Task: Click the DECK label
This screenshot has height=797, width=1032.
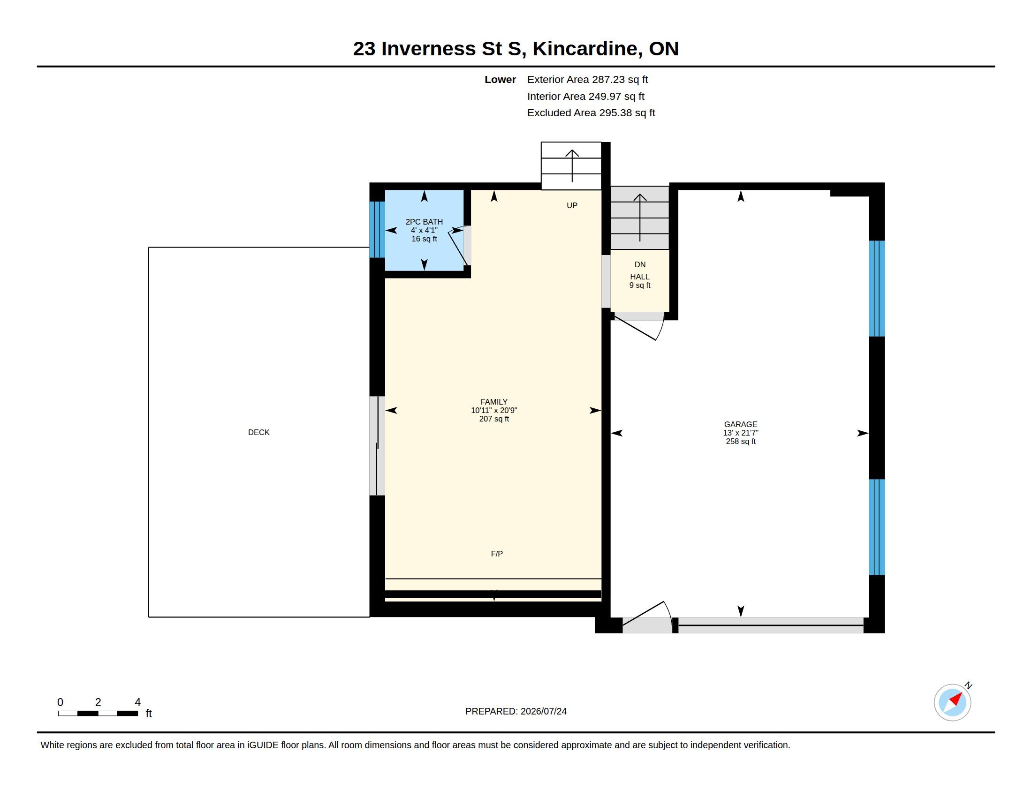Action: [x=258, y=433]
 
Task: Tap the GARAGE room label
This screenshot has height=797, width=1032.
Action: [x=740, y=424]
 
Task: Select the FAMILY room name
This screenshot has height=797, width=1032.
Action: [x=494, y=402]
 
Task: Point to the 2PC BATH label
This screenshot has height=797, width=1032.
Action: [x=424, y=222]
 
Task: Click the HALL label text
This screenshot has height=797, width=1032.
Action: [x=639, y=277]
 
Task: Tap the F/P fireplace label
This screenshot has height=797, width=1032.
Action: [x=497, y=554]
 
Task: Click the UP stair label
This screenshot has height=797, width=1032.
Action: [x=572, y=205]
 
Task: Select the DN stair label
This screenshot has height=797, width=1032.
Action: [x=640, y=264]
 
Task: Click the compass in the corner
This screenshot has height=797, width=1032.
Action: [x=952, y=702]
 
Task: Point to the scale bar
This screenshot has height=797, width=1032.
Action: [x=98, y=713]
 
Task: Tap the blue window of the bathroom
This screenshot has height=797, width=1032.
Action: [x=377, y=229]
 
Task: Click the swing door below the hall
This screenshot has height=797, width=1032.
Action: [x=638, y=325]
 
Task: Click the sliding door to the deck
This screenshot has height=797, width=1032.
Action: [x=377, y=446]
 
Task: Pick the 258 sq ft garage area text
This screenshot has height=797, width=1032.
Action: [x=740, y=442]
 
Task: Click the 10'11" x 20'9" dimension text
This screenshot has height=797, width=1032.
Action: [x=494, y=410]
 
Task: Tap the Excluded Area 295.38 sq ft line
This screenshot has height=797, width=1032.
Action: [x=591, y=113]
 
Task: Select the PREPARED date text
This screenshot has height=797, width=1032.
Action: [x=516, y=711]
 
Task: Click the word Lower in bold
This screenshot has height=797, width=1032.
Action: [x=500, y=79]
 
